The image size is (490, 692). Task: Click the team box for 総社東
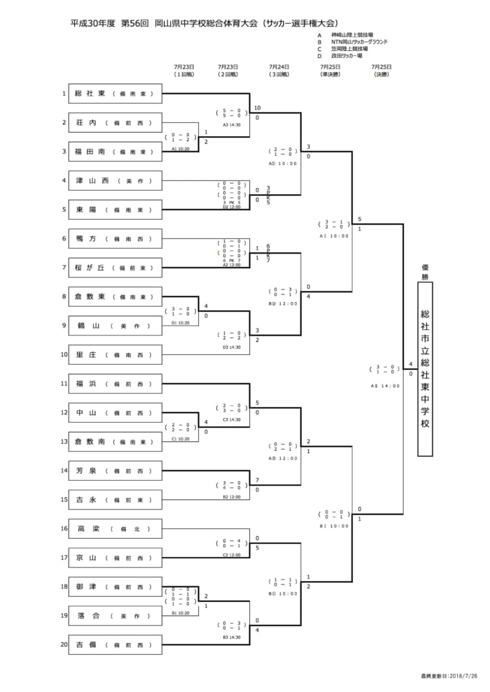115,93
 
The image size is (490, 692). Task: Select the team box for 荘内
115,122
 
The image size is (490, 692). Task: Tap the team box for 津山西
115,180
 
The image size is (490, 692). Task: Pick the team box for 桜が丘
115,268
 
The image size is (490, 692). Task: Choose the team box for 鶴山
115,326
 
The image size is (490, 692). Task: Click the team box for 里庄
115,355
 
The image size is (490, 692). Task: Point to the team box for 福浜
115,384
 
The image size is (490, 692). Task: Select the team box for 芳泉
115,471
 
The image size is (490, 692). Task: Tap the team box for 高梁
115,529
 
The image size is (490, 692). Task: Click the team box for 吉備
115,645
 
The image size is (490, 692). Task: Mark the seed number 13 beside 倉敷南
64,442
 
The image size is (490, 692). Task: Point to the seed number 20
64,645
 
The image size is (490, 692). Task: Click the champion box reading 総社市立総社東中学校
425,369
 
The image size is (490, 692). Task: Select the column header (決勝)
381,74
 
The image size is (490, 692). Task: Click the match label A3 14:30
232,125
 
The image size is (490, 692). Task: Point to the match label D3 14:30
232,347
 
